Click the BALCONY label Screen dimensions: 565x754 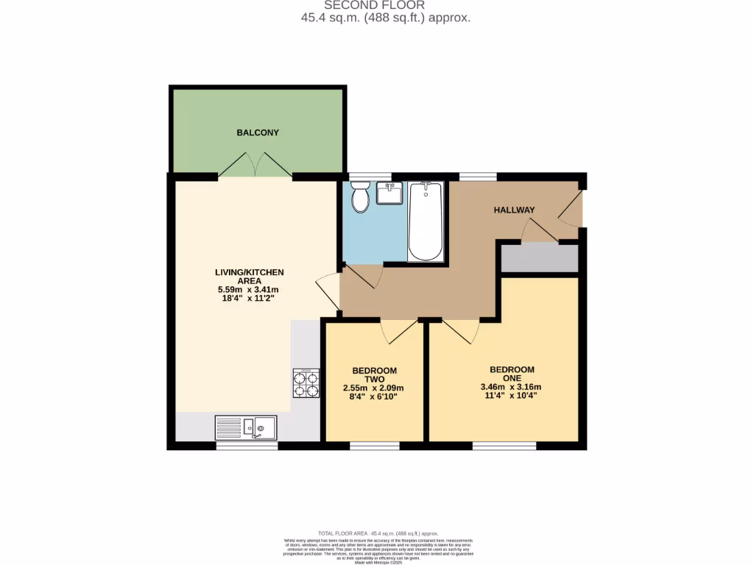pyautogui.click(x=258, y=132)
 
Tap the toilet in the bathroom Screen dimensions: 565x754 pyautogui.click(x=360, y=197)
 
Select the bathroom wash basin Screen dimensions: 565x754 pyautogui.click(x=390, y=193)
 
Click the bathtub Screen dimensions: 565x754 pyautogui.click(x=426, y=222)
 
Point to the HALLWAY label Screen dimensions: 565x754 pyautogui.click(x=514, y=210)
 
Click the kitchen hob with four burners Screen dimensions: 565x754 pyautogui.click(x=306, y=383)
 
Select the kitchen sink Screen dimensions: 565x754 pyautogui.click(x=246, y=427)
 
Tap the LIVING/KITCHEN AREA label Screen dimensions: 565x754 pyautogui.click(x=249, y=277)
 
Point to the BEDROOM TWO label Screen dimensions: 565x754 pyautogui.click(x=374, y=375)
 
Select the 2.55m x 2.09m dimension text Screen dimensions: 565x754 pyautogui.click(x=373, y=388)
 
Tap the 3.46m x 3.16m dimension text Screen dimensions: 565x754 pyautogui.click(x=510, y=387)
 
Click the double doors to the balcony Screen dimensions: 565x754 pyautogui.click(x=255, y=166)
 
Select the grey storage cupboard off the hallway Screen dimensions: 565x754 pyautogui.click(x=540, y=258)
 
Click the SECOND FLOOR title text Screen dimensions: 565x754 pyautogui.click(x=374, y=5)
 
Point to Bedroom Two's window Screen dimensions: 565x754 pyautogui.click(x=375, y=445)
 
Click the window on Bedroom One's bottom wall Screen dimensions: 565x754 pyautogui.click(x=504, y=445)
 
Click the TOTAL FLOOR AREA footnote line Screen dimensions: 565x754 pyautogui.click(x=377, y=533)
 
